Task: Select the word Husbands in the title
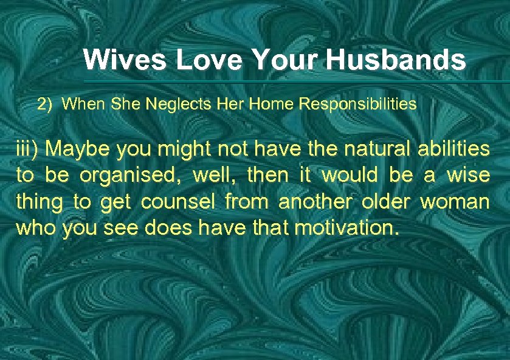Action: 396,60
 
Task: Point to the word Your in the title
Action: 285,60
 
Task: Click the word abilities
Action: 452,150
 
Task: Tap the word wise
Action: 468,176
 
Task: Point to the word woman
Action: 455,202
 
